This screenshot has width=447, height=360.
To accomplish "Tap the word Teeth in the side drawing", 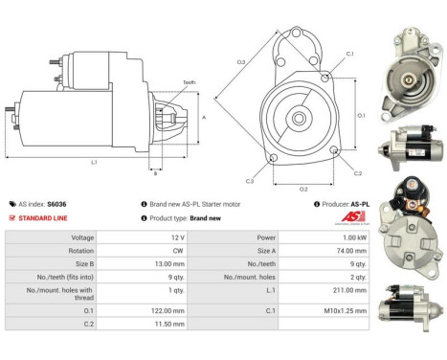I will [x=189, y=83].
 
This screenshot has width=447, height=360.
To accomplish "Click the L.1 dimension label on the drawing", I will [x=93, y=162].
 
